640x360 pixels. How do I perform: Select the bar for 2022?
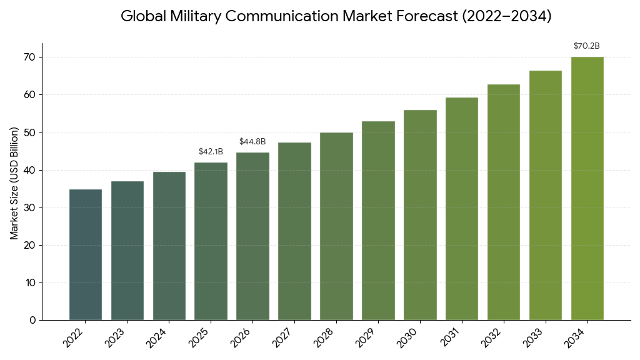coord(86,254)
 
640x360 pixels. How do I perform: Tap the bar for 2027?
coord(294,231)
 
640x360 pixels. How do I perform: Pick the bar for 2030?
coord(420,215)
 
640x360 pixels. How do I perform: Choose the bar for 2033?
coord(546,195)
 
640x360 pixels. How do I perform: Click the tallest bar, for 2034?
coord(587,188)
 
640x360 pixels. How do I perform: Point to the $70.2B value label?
coord(587,46)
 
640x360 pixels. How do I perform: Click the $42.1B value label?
coord(211,151)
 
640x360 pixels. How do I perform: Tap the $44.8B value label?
coord(252,141)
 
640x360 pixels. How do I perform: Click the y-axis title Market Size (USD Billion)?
coord(14,182)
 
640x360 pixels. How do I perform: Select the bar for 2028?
coord(336,226)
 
